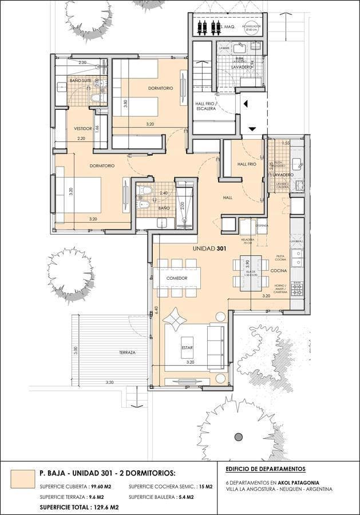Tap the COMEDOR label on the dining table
point(177,278)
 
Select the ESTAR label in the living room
point(187,347)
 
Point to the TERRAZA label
point(127,352)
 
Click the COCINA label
point(279,270)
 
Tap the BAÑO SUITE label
point(80,81)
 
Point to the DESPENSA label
point(263,225)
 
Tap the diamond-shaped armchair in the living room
point(174,316)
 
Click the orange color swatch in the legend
point(22,477)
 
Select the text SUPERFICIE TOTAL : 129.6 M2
point(79,507)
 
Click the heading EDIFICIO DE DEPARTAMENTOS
point(266,469)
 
